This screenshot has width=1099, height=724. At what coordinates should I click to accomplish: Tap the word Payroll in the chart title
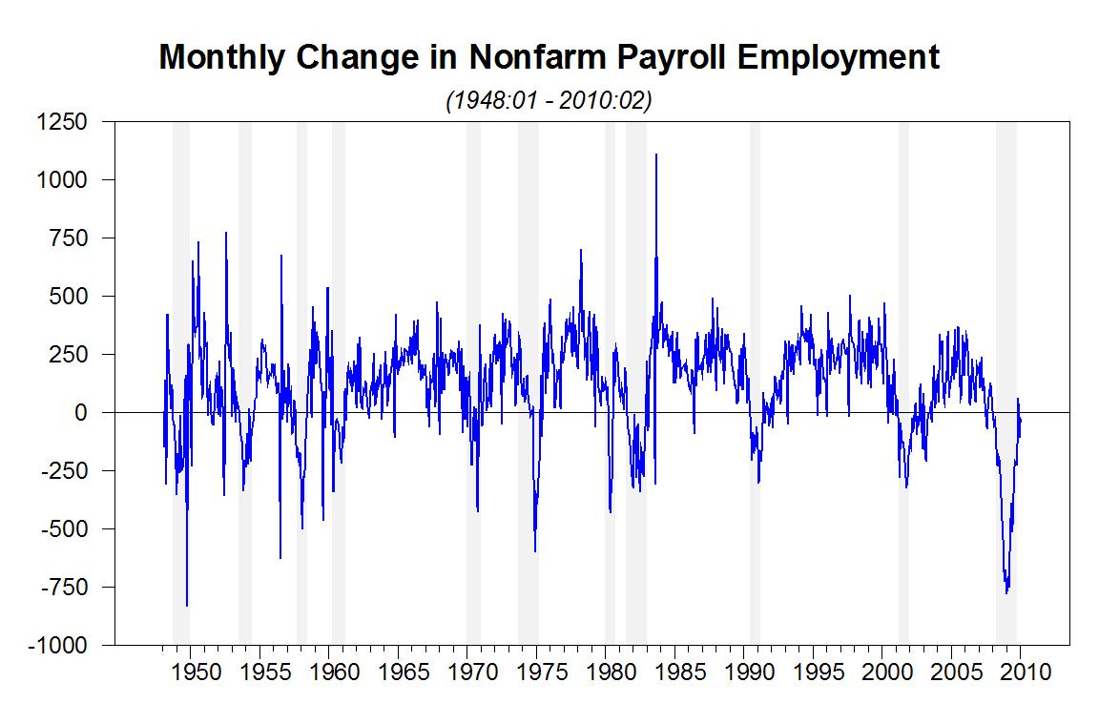click(674, 57)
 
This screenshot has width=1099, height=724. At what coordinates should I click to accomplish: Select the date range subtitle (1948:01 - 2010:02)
click(549, 101)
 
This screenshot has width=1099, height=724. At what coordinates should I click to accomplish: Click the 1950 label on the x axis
click(191, 672)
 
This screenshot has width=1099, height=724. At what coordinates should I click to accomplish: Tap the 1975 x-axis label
click(537, 672)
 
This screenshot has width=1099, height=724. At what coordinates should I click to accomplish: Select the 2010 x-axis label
click(1022, 672)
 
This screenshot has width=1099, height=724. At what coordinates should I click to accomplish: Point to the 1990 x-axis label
click(745, 672)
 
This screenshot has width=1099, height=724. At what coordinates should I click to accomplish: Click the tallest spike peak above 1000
click(655, 155)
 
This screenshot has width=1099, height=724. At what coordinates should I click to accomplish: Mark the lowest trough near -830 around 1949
click(187, 605)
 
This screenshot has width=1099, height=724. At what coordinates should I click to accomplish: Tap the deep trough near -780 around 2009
click(1006, 592)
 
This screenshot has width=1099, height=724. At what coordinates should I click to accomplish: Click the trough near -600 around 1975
click(535, 550)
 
